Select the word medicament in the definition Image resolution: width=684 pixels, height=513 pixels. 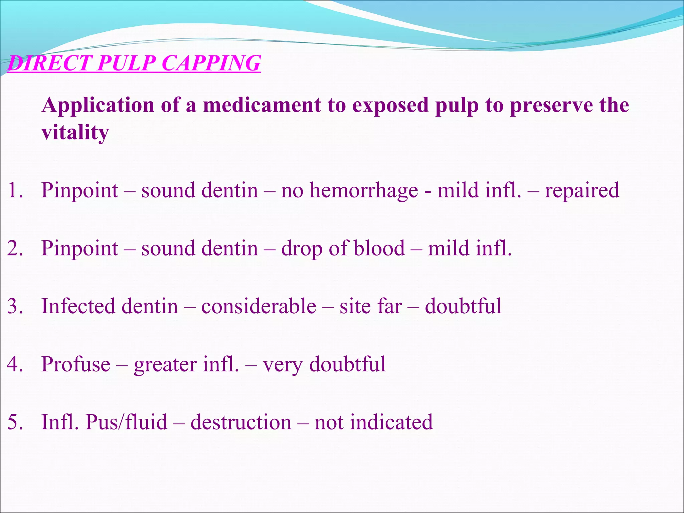click(262, 105)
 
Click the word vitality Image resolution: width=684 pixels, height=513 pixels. click(75, 133)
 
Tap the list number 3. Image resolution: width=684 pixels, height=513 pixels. click(15, 306)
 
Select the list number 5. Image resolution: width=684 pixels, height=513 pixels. click(15, 422)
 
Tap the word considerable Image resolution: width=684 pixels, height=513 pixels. click(259, 306)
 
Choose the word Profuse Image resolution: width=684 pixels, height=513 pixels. click(75, 364)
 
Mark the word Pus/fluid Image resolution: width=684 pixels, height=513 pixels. click(126, 422)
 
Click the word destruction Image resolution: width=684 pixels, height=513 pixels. click(241, 422)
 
